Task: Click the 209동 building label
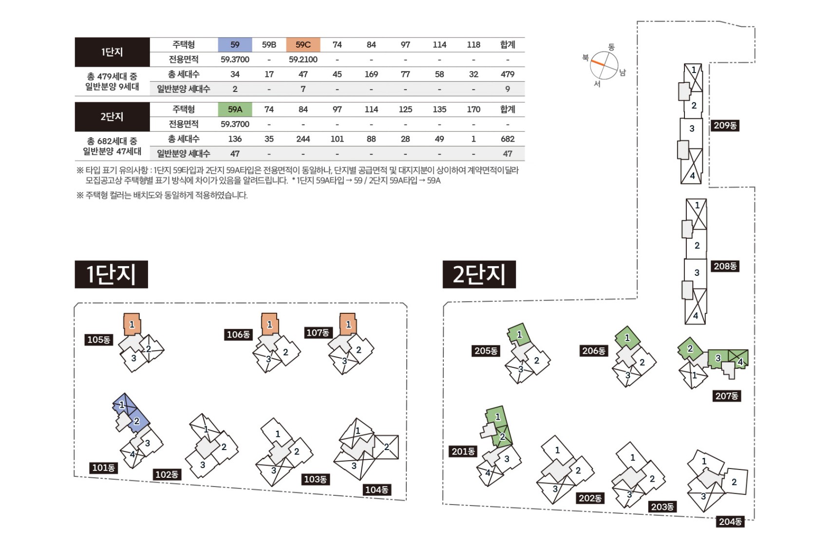tap(725, 126)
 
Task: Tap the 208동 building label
tap(725, 266)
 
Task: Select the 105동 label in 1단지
tap(99, 340)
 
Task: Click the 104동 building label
tap(377, 489)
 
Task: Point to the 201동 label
tap(463, 452)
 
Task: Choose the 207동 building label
tap(726, 396)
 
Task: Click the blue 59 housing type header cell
tap(235, 45)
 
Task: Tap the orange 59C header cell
tap(303, 45)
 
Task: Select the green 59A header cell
tap(235, 109)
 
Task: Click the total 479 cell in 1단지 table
tap(508, 74)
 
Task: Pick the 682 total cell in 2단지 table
tap(508, 139)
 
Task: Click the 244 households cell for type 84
tap(303, 139)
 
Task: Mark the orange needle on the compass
tap(598, 63)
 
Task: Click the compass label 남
tap(623, 72)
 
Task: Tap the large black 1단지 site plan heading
tap(111, 274)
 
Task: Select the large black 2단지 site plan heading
tap(479, 274)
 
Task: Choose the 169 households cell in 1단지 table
tap(371, 74)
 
